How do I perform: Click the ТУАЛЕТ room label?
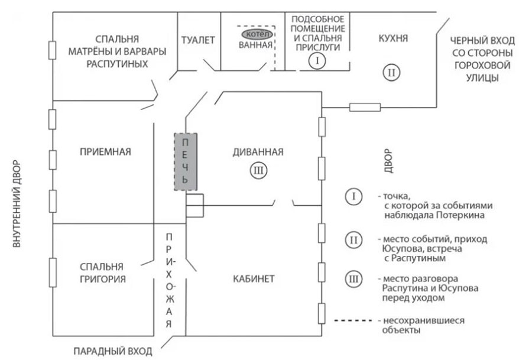tap(198, 40)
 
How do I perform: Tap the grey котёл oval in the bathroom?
tap(255, 33)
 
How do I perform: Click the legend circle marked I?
tap(353, 196)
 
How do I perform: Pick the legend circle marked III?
tap(353, 279)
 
